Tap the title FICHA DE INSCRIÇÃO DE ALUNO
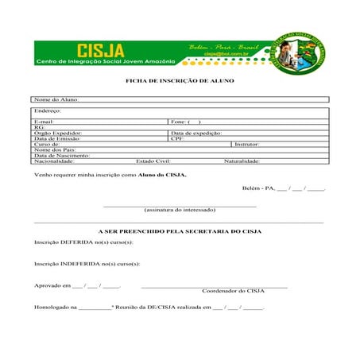tap(180, 81)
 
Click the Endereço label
tap(48, 110)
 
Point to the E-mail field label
tap(44, 122)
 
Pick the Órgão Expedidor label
tap(58, 133)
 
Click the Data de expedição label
tap(196, 133)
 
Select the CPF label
tap(178, 138)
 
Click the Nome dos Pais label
tap(55, 149)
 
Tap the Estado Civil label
tap(153, 161)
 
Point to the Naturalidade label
tap(242, 161)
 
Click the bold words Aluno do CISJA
tap(163, 174)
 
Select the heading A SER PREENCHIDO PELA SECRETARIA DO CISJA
tap(180, 230)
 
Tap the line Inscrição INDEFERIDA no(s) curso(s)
tap(87, 263)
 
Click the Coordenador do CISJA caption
tap(233, 291)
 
